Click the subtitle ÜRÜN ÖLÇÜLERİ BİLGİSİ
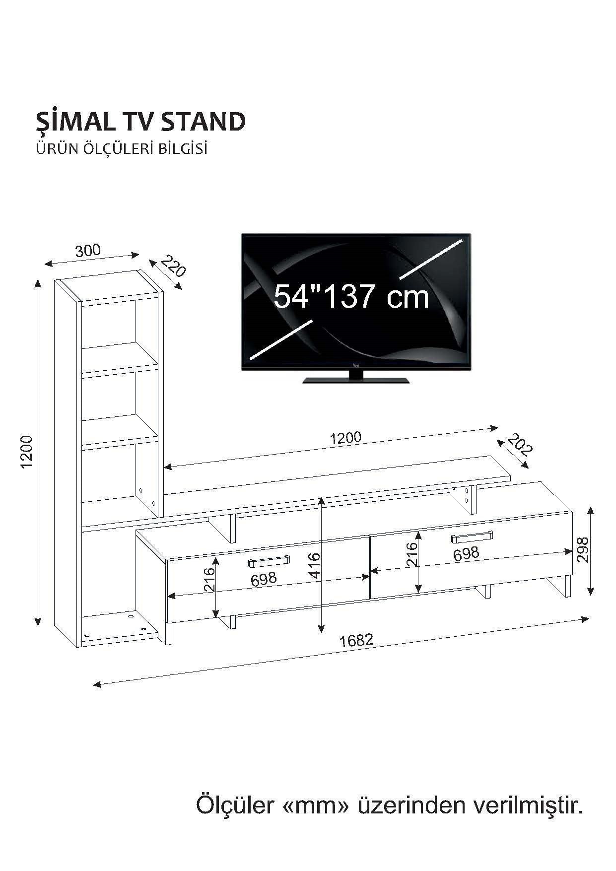(121, 149)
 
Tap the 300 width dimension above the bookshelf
(88, 251)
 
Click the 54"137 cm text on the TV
(351, 296)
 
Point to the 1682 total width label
(356, 640)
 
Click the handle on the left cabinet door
(269, 561)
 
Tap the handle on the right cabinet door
(472, 537)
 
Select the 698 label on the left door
(264, 579)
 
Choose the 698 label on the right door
(466, 553)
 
